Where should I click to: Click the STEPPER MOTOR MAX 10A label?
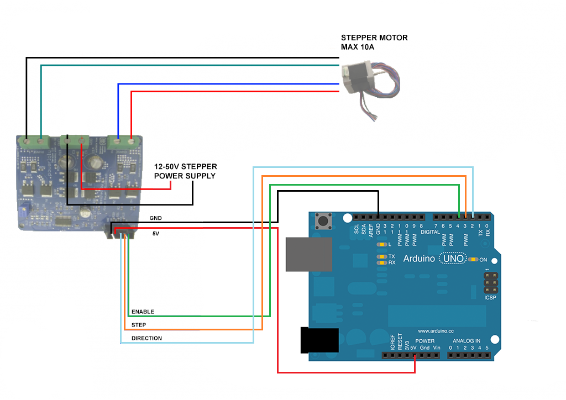coord(374,43)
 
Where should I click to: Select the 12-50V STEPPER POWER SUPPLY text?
coord(185,171)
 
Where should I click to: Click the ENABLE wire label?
coord(143,312)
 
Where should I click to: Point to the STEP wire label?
coord(139,325)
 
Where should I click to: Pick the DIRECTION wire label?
coord(146,338)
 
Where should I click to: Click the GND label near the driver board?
coord(156,218)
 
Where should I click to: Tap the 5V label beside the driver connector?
coord(156,234)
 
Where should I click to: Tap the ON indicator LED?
coord(473,259)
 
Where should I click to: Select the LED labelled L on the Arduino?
coord(381,244)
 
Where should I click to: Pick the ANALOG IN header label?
coord(467,341)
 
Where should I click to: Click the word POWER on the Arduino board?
coord(424,341)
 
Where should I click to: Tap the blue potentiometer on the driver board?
coord(24,211)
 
